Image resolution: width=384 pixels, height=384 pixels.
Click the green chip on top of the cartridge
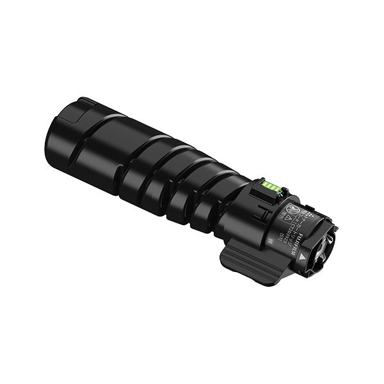pos(271,186)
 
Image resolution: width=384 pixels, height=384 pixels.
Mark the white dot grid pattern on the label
pos(310,214)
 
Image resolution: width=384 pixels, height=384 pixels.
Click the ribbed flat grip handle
pos(249,262)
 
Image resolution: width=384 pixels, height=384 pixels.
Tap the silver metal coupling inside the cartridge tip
pos(324,246)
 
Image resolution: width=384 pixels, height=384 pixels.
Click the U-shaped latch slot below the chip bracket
pos(264,212)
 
